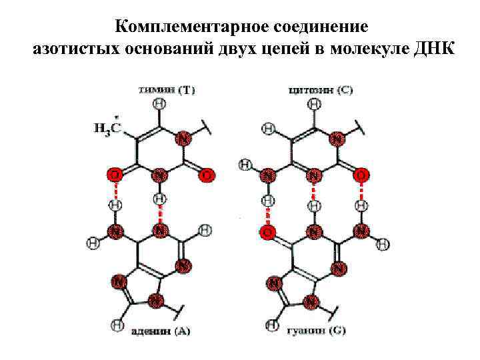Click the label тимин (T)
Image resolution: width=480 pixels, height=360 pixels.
pyautogui.click(x=167, y=89)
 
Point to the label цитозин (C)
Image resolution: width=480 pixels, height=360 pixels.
pyautogui.click(x=321, y=89)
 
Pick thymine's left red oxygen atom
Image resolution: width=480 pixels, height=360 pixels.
pyautogui.click(x=115, y=175)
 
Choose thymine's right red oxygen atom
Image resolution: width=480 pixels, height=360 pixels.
pyautogui.click(x=207, y=175)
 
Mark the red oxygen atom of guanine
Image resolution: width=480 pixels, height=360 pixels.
pyautogui.click(x=267, y=232)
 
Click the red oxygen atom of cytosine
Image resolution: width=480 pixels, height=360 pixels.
pyautogui.click(x=361, y=175)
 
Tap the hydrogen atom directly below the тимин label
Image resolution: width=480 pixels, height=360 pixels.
pyautogui.click(x=159, y=104)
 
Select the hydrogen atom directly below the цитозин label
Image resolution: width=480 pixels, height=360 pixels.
pyautogui.click(x=314, y=104)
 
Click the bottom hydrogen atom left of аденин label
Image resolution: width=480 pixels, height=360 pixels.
pyautogui.click(x=117, y=325)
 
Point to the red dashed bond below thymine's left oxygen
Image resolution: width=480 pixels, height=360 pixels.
pyautogui.click(x=115, y=189)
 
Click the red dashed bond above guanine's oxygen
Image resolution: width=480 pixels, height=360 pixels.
pyautogui.click(x=267, y=216)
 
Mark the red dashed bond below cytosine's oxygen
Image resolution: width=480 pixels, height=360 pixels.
pyautogui.click(x=361, y=191)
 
